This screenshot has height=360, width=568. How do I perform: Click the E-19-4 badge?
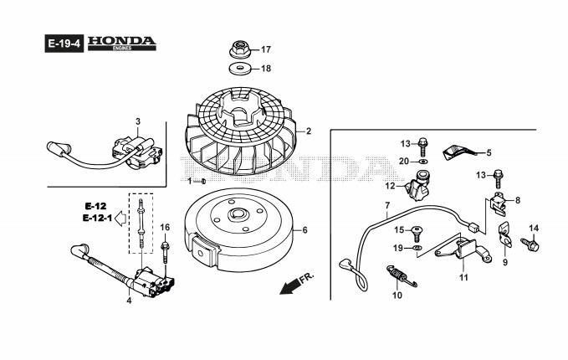coord(62,43)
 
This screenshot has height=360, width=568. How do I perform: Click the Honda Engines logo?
coord(121,42)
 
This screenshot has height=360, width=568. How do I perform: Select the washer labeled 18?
coord(241,69)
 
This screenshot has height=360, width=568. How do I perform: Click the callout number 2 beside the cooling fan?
coord(308,131)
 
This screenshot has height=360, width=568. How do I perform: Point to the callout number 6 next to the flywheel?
coord(304,230)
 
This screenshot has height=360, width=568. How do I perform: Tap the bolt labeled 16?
coord(165,246)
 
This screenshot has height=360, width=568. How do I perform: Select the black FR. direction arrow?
coord(291,287)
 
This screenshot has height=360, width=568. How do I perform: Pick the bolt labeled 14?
coord(530,244)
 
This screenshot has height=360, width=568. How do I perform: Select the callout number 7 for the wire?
coord(387,205)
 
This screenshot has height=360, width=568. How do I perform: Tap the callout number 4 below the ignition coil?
coord(129,301)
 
